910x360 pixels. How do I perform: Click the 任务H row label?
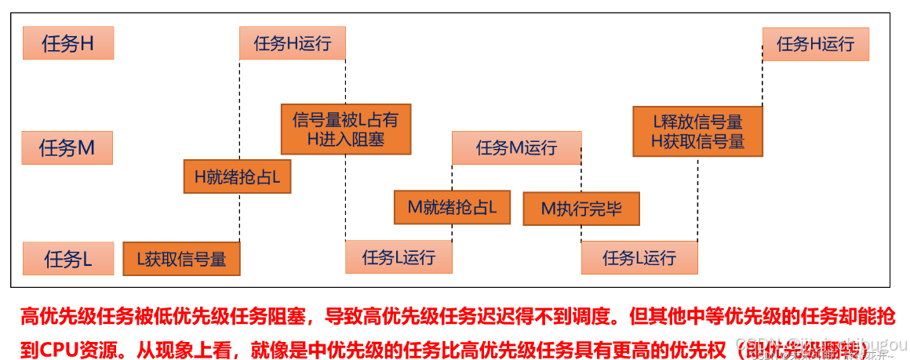pos(68,43)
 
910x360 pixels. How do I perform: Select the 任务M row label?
pos(67,147)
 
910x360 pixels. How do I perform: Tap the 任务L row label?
pos(67,259)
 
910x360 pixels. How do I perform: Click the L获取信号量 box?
pos(181,259)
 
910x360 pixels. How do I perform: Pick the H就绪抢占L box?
pos(237,178)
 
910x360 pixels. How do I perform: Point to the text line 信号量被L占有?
pos(345,120)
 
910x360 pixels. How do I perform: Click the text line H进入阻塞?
pos(345,140)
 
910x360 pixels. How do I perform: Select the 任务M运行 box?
pos(516,147)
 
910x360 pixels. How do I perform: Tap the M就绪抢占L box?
pos(452,208)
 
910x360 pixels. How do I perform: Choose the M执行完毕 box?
pos(581,209)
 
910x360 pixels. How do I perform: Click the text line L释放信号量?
pos(697,122)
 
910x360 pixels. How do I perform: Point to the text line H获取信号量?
pos(697,142)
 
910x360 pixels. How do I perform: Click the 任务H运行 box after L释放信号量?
pos(815,44)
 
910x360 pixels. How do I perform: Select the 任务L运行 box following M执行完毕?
pos(639,257)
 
